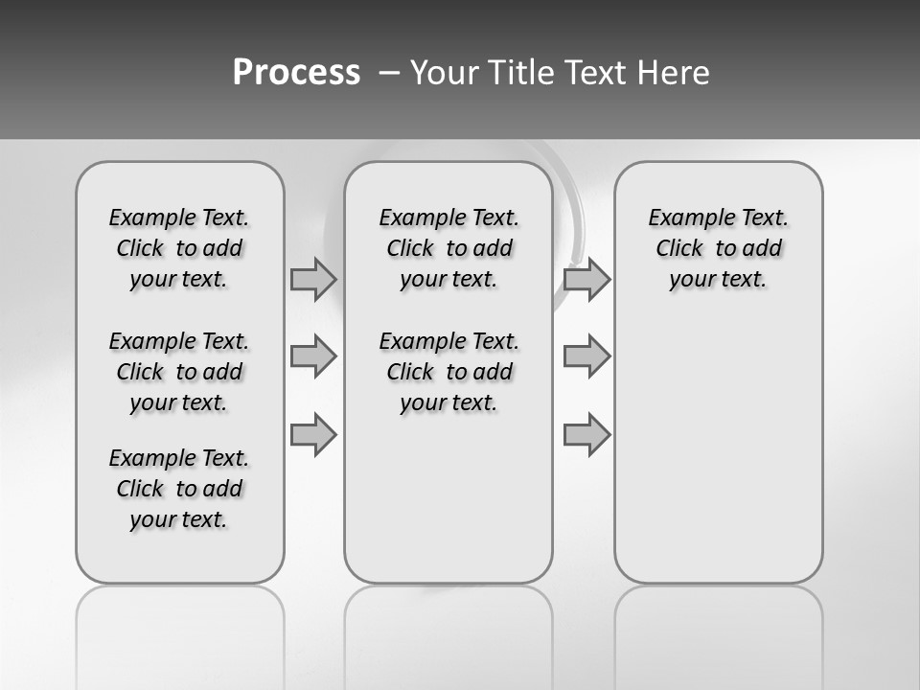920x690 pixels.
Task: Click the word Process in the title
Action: [x=296, y=73]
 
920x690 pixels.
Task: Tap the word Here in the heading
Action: [x=671, y=73]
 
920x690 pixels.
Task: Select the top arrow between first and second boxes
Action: [x=312, y=279]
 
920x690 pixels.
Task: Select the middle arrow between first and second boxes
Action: [x=312, y=356]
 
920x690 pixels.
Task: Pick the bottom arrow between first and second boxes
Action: [x=312, y=435]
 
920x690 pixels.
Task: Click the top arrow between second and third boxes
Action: [x=586, y=279]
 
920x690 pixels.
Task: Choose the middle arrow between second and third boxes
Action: [x=586, y=356]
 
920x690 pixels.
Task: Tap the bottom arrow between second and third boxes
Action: [x=586, y=435]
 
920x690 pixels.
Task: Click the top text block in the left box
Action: [x=179, y=248]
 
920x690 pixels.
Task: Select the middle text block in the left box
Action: [x=179, y=372]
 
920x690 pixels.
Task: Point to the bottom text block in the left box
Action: [x=179, y=489]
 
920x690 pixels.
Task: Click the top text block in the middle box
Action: [x=448, y=248]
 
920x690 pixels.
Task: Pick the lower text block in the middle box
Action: [x=448, y=372]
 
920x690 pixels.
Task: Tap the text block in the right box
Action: [x=718, y=248]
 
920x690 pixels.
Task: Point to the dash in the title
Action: [x=389, y=73]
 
